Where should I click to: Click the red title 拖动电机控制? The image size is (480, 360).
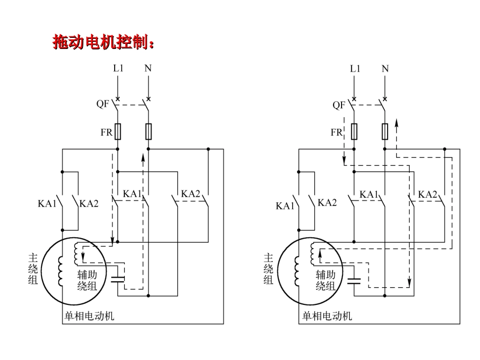click(103, 43)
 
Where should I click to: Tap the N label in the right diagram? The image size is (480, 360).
click(385, 68)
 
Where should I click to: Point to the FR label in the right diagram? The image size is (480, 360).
click(336, 133)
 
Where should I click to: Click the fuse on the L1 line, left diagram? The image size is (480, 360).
click(118, 132)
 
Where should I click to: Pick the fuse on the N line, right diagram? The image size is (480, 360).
click(385, 132)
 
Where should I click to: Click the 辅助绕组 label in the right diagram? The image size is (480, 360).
click(325, 280)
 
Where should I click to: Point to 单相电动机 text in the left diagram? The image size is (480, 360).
click(88, 317)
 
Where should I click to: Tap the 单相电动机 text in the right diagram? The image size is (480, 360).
click(327, 317)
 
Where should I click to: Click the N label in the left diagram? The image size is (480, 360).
click(148, 68)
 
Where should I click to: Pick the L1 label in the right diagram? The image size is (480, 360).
click(355, 68)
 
